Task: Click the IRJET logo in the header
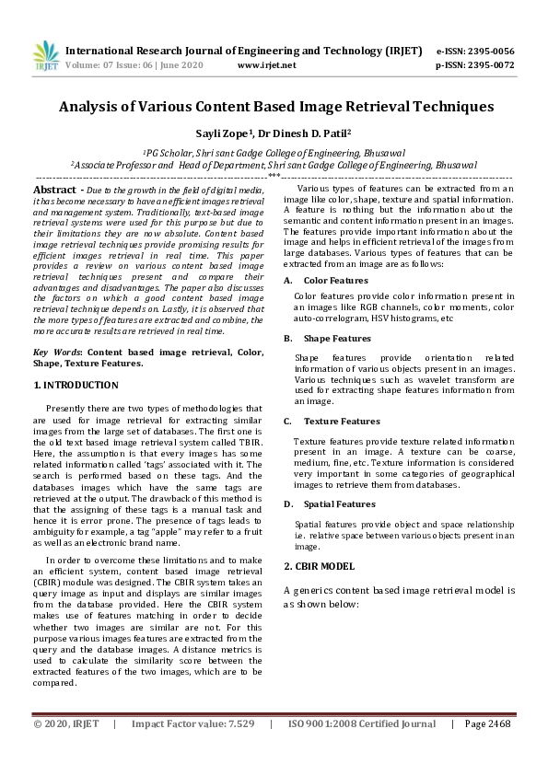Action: pos(45,57)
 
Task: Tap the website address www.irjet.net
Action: pos(266,65)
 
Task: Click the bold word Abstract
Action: pos(55,189)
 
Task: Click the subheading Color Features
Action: pos(335,279)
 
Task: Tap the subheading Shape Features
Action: pos(337,338)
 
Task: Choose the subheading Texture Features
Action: pos(341,421)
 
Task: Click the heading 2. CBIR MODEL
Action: pos(319,565)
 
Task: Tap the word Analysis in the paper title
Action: pos(93,107)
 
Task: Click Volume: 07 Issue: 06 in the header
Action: pos(111,65)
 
